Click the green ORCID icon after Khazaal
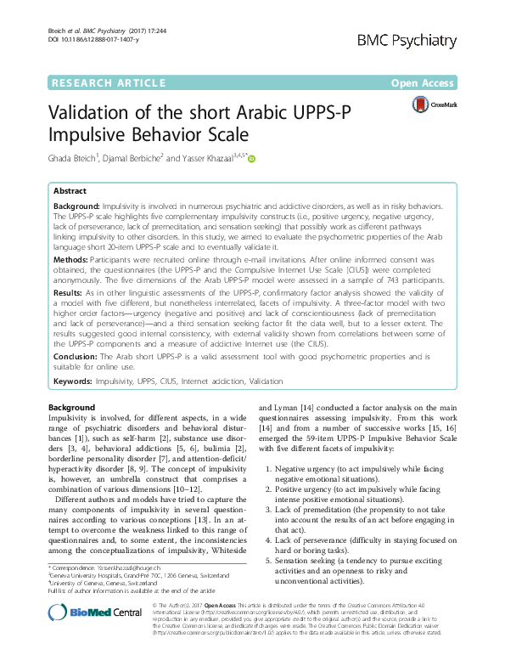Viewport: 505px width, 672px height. (251, 158)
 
